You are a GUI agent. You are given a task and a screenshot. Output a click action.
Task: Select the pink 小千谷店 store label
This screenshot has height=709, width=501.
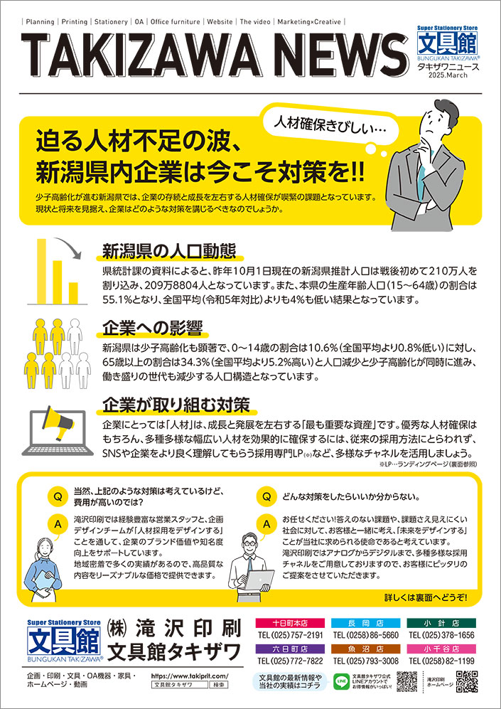pos(442,649)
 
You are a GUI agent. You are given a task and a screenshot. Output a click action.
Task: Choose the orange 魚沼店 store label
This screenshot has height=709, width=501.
pos(365,649)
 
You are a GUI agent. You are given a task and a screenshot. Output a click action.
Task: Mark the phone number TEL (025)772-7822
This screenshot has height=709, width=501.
pos(289,661)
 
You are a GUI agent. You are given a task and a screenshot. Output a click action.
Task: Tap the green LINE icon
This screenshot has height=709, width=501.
pos(339,681)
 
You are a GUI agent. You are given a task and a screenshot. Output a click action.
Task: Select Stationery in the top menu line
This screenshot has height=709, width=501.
pos(108,22)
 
